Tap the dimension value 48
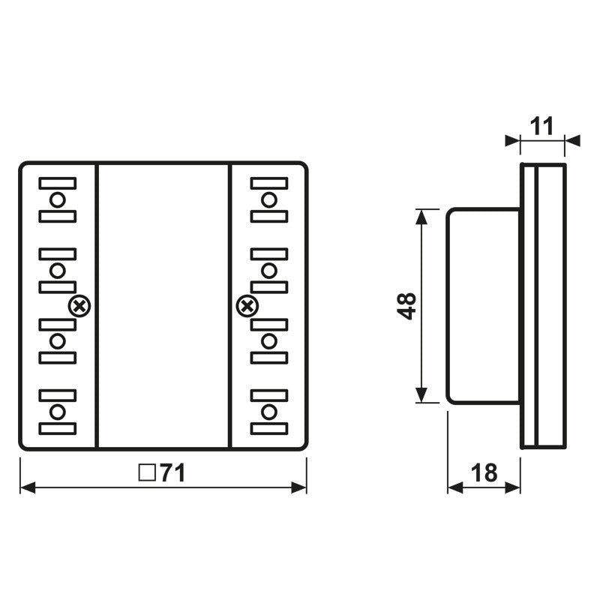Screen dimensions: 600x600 tap(407, 305)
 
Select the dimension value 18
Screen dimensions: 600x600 tap(484, 472)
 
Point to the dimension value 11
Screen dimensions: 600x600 tap(541, 126)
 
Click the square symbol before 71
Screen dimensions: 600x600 tap(147, 473)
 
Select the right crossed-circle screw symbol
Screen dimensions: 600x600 tap(247, 305)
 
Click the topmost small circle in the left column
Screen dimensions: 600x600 tap(58, 199)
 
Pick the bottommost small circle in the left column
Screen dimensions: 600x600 tap(58, 412)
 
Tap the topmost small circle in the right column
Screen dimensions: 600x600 tap(269, 199)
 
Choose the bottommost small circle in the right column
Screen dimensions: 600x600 tap(269, 412)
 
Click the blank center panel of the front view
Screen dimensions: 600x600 tap(163, 305)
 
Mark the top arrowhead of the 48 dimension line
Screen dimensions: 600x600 tap(422, 214)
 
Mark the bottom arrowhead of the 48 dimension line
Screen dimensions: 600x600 tap(422, 397)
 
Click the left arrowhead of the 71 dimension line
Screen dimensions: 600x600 tap(27, 487)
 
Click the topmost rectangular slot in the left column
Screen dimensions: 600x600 tap(58, 183)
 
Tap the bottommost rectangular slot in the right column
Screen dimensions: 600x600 tap(269, 429)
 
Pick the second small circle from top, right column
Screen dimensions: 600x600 tap(269, 270)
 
